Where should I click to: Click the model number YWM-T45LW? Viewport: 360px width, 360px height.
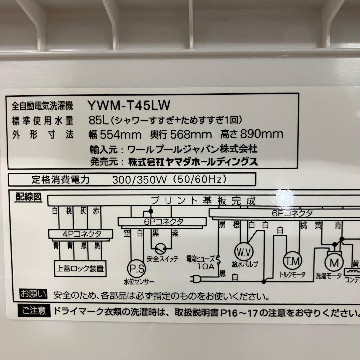pos(129,106)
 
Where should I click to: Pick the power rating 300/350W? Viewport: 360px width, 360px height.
pos(139,180)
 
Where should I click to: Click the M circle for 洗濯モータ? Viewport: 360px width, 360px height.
pos(334,263)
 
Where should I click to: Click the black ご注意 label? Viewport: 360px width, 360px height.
pos(34,312)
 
